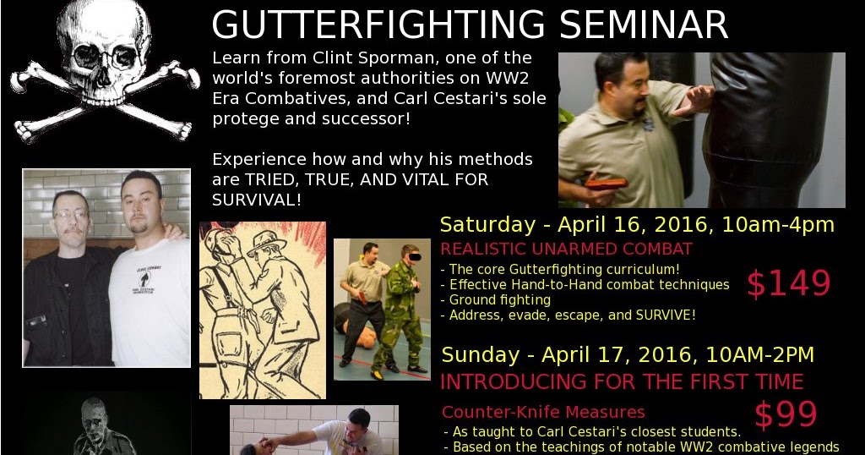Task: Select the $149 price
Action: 788,285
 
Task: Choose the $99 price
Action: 786,415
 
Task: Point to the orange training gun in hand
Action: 606,183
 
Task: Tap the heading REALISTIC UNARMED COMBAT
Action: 566,249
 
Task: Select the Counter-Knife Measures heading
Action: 543,413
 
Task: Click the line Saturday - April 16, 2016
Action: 583,225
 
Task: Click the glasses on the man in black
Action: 72,215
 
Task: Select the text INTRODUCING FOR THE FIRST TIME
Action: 622,382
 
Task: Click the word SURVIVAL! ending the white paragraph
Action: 257,200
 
